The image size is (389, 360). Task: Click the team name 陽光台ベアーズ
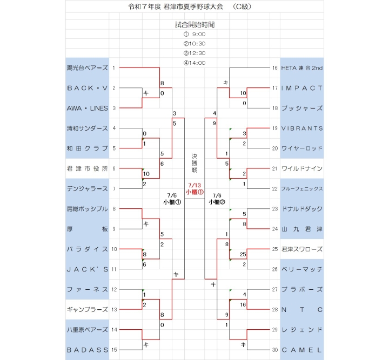tap(88, 68)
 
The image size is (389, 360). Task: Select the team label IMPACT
tap(301, 88)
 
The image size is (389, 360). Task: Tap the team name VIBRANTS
tap(301, 128)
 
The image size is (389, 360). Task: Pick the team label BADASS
tap(88, 350)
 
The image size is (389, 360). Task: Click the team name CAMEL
tap(301, 350)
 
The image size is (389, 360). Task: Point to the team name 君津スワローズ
tap(301, 249)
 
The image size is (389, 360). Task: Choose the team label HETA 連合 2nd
tap(301, 68)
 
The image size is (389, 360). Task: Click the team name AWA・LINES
tap(88, 108)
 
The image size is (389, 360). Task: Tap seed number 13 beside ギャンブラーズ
tap(114, 309)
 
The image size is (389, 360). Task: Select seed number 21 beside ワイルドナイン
tap(274, 168)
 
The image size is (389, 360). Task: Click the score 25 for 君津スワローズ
tap(243, 254)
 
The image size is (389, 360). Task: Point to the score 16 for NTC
tap(243, 304)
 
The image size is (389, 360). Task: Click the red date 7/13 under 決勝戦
tap(194, 185)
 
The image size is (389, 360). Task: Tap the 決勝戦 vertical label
tap(194, 164)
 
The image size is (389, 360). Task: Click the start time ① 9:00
tap(194, 34)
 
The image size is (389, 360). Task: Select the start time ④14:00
tap(194, 63)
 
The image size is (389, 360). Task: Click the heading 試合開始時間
tap(194, 24)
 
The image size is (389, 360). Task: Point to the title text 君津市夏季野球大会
tap(193, 6)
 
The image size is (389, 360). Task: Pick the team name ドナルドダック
tap(301, 209)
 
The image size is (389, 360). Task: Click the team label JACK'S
tap(88, 269)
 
